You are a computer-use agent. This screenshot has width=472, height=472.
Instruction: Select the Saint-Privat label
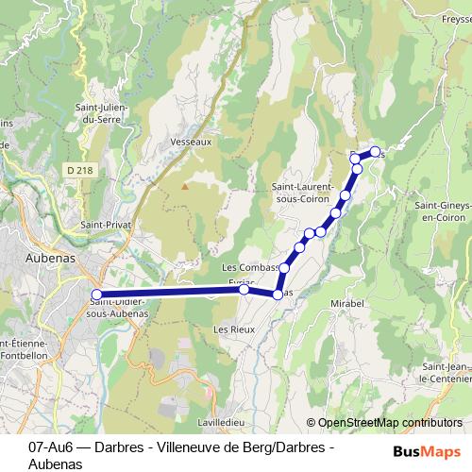point(105,226)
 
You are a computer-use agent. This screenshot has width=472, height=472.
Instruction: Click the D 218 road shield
point(80,169)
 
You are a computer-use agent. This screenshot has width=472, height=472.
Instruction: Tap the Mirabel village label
point(347,304)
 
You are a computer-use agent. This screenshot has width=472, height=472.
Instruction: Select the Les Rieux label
point(235,329)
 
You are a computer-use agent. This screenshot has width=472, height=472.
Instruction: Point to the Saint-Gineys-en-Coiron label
point(445,211)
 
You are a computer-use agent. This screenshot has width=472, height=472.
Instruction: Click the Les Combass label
point(249,268)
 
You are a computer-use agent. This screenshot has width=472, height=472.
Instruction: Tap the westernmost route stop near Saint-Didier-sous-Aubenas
point(96,295)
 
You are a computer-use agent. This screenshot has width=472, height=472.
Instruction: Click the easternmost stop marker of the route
point(375,152)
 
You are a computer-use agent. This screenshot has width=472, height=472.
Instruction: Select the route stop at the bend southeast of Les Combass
point(278,295)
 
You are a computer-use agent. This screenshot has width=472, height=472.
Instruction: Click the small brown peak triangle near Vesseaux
point(185,185)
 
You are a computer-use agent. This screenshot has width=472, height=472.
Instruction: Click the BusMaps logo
point(428,451)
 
